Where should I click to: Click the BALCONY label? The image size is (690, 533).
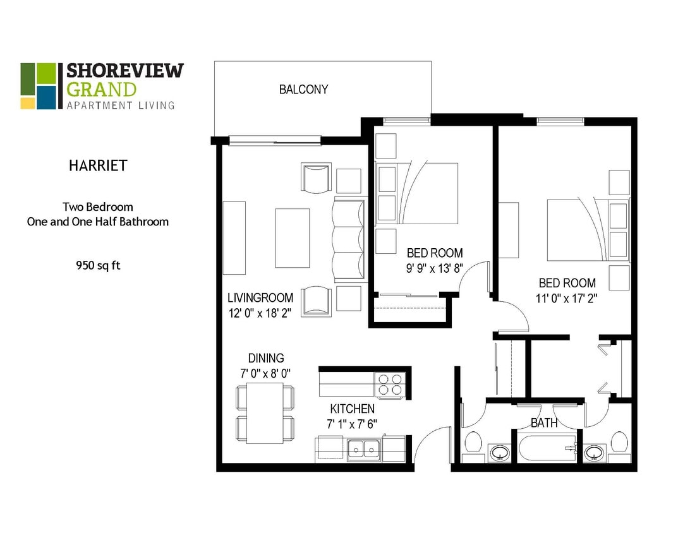pyautogui.click(x=303, y=90)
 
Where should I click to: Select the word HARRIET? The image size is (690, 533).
pyautogui.click(x=98, y=166)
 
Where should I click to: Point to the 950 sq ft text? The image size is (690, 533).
pyautogui.click(x=98, y=265)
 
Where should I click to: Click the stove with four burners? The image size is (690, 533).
pyautogui.click(x=390, y=385)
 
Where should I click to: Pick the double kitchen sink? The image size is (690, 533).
pyautogui.click(x=363, y=449)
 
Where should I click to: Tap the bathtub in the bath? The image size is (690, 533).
pyautogui.click(x=547, y=448)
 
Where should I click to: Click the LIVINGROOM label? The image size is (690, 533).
pyautogui.click(x=260, y=298)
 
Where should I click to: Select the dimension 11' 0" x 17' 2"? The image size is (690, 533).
pyautogui.click(x=567, y=298)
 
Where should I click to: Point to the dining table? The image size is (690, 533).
pyautogui.click(x=265, y=413)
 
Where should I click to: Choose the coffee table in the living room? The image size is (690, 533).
pyautogui.click(x=293, y=238)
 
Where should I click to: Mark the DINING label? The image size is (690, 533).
pyautogui.click(x=265, y=358)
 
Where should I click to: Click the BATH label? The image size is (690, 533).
pyautogui.click(x=544, y=423)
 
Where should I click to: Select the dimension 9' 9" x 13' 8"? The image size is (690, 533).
pyautogui.click(x=435, y=268)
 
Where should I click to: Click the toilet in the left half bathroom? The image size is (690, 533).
pyautogui.click(x=473, y=443)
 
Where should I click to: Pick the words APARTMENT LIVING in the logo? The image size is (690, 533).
pyautogui.click(x=121, y=105)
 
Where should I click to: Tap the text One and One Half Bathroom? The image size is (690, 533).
pyautogui.click(x=98, y=222)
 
